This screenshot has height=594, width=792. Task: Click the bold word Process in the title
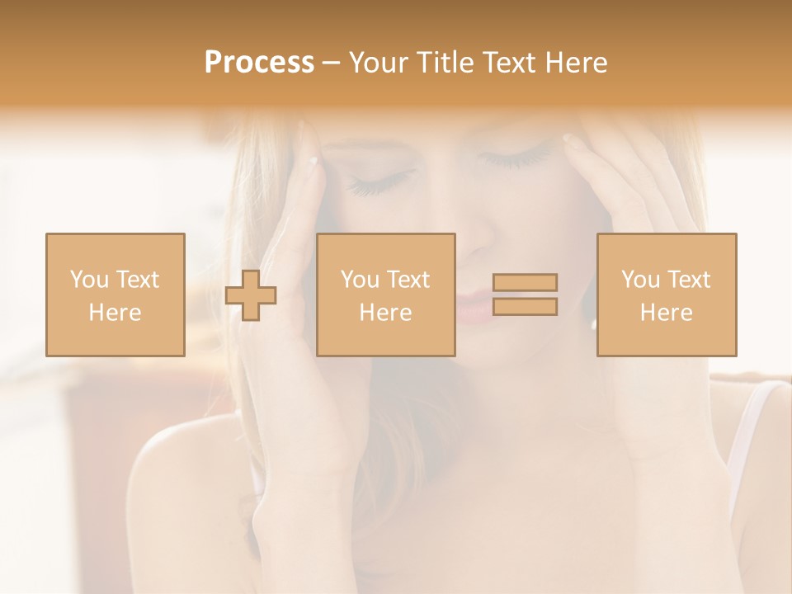click(259, 63)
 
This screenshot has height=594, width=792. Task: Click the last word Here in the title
click(576, 63)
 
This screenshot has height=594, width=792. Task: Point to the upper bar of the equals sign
click(525, 283)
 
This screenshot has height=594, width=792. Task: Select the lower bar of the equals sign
click(525, 307)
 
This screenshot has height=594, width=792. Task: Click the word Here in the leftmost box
click(115, 313)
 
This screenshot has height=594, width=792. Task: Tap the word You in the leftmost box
click(89, 280)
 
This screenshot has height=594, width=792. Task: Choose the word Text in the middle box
click(409, 280)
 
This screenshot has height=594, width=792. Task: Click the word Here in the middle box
click(385, 313)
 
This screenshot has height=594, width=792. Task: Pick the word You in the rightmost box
click(640, 280)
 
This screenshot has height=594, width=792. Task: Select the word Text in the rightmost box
click(690, 280)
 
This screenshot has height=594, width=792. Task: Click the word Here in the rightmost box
click(666, 313)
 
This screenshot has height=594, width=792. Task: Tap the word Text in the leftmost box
click(139, 280)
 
